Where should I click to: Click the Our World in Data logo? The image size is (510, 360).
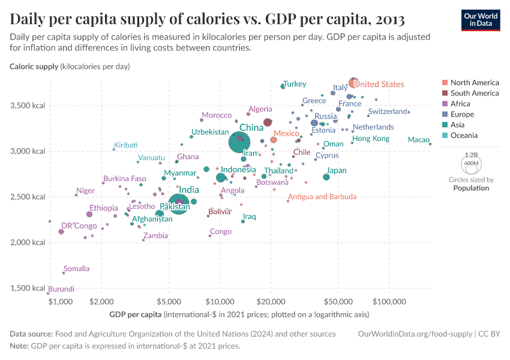481,20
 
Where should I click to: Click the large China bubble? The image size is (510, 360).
239,142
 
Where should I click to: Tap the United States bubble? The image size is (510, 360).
354,83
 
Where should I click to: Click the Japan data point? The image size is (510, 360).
326,177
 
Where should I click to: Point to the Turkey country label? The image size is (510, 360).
295,84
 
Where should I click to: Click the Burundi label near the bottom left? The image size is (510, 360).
61,289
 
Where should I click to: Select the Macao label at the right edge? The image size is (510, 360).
418,140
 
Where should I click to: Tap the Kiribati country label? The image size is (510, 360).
126,145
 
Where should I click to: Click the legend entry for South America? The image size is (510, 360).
474,93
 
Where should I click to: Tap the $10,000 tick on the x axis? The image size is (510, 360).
220,301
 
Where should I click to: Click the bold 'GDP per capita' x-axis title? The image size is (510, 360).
136,314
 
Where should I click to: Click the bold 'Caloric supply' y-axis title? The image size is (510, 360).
34,66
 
